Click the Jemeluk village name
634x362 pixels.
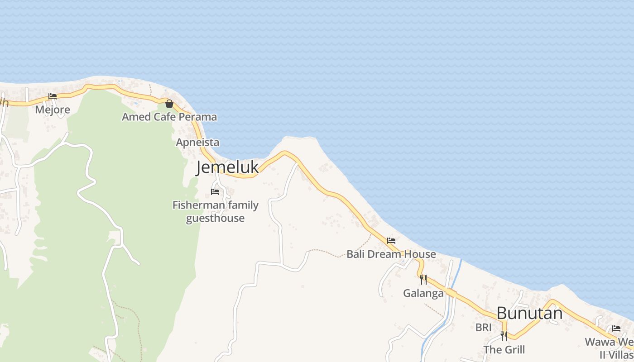tap(227, 167)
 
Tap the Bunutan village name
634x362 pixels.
tap(529, 313)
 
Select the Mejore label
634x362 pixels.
tap(53, 110)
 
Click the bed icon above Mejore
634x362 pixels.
tap(53, 96)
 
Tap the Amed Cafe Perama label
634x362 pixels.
tap(169, 117)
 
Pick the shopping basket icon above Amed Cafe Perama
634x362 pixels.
tap(169, 104)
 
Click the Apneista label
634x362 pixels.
tap(197, 143)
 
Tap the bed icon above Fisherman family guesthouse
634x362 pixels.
tap(215, 192)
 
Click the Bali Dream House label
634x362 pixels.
tap(391, 254)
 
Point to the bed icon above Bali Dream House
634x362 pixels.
tap(391, 241)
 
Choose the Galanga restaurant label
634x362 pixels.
tap(423, 293)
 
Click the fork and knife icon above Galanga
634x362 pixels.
tap(423, 279)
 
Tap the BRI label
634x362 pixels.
tap(483, 327)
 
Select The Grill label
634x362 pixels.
tap(504, 350)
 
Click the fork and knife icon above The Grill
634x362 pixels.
tap(504, 336)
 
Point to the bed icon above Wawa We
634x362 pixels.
tap(616, 329)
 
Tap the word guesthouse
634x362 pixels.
tap(216, 219)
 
